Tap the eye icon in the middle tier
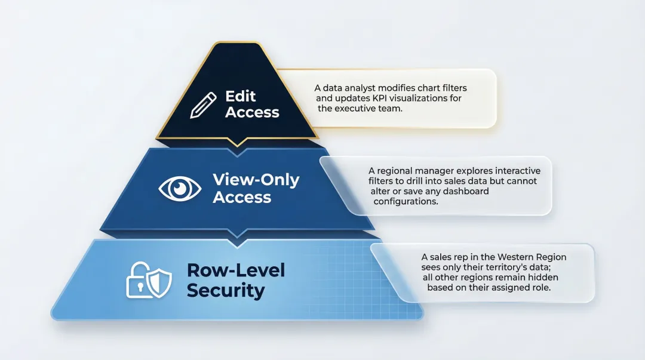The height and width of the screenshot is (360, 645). [180, 189]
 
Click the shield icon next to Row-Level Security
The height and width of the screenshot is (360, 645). [158, 280]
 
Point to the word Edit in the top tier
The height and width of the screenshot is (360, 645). [241, 96]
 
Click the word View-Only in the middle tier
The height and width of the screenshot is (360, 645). [256, 180]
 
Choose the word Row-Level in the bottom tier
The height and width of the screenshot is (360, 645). [236, 270]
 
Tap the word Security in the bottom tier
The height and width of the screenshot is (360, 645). [225, 291]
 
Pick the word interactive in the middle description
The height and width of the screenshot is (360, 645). [514, 171]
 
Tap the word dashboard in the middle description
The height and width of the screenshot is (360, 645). [465, 191]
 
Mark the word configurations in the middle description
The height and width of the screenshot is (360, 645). [406, 201]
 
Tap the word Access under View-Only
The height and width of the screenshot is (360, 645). [242, 197]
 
